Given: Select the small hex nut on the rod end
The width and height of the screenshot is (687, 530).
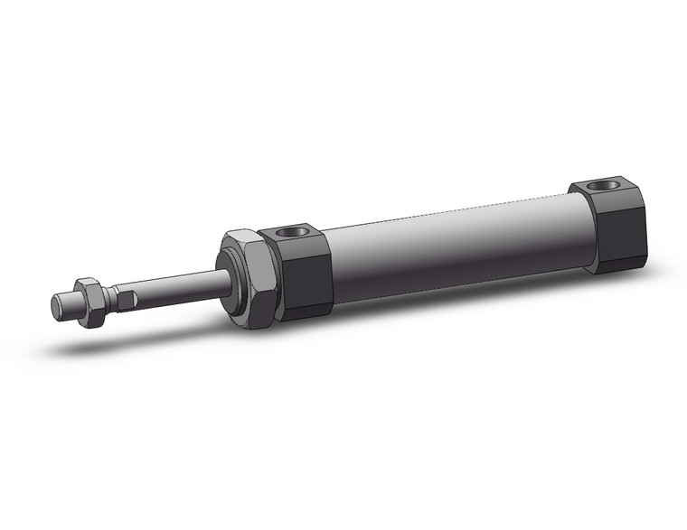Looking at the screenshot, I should (90, 301).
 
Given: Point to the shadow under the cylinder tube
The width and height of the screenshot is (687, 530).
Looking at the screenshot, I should (434, 302).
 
